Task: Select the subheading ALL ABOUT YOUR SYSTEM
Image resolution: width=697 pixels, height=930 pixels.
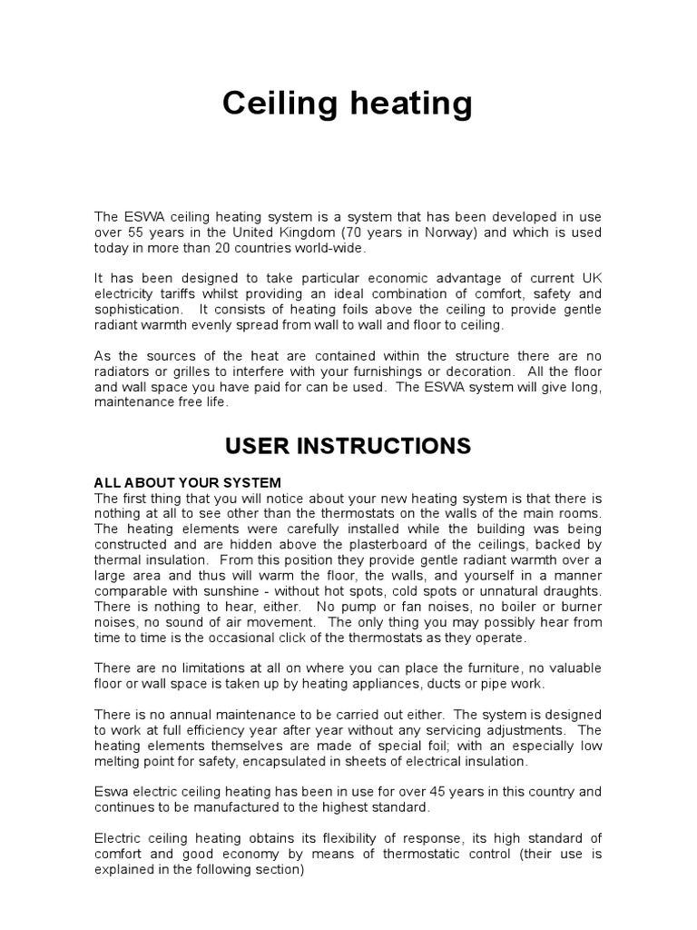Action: (x=188, y=482)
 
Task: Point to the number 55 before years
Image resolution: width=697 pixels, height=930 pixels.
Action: (x=136, y=232)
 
